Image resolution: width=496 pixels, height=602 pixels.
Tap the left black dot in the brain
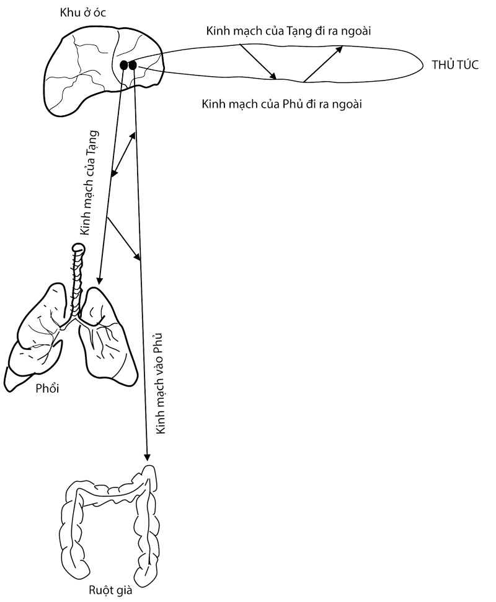pos(124,64)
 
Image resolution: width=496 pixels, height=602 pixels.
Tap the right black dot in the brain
pos(132,64)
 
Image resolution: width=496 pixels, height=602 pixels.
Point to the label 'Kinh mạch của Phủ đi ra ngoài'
pos(282,103)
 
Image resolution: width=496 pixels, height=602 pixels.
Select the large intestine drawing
pos(108,520)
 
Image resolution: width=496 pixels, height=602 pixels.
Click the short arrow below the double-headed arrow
pos(124,240)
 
